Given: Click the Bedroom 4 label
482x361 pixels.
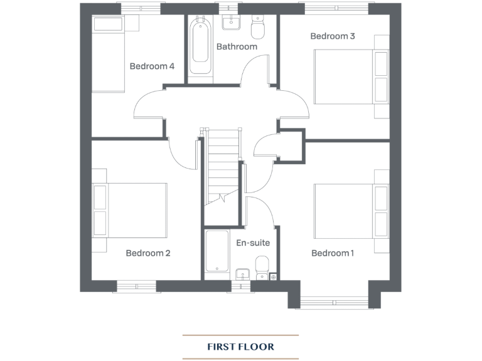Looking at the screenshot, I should tap(152, 66).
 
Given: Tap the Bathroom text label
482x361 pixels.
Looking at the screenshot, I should tap(237, 46).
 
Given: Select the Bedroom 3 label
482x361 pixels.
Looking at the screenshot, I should tap(333, 36).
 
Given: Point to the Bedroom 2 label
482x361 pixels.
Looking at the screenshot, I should tap(148, 253).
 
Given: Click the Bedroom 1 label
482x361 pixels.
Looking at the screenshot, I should tap(333, 253).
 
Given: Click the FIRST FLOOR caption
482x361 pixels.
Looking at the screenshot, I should tap(240, 346).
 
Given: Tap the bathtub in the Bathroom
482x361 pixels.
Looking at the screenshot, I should tap(200, 43).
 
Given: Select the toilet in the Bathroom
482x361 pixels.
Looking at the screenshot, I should tap(258, 28).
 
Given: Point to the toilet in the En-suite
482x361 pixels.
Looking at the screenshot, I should tap(262, 267).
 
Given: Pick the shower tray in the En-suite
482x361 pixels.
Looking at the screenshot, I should tap(217, 251).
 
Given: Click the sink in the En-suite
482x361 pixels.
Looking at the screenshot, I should tap(242, 273).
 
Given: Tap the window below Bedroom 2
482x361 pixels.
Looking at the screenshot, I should tap(136, 286).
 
